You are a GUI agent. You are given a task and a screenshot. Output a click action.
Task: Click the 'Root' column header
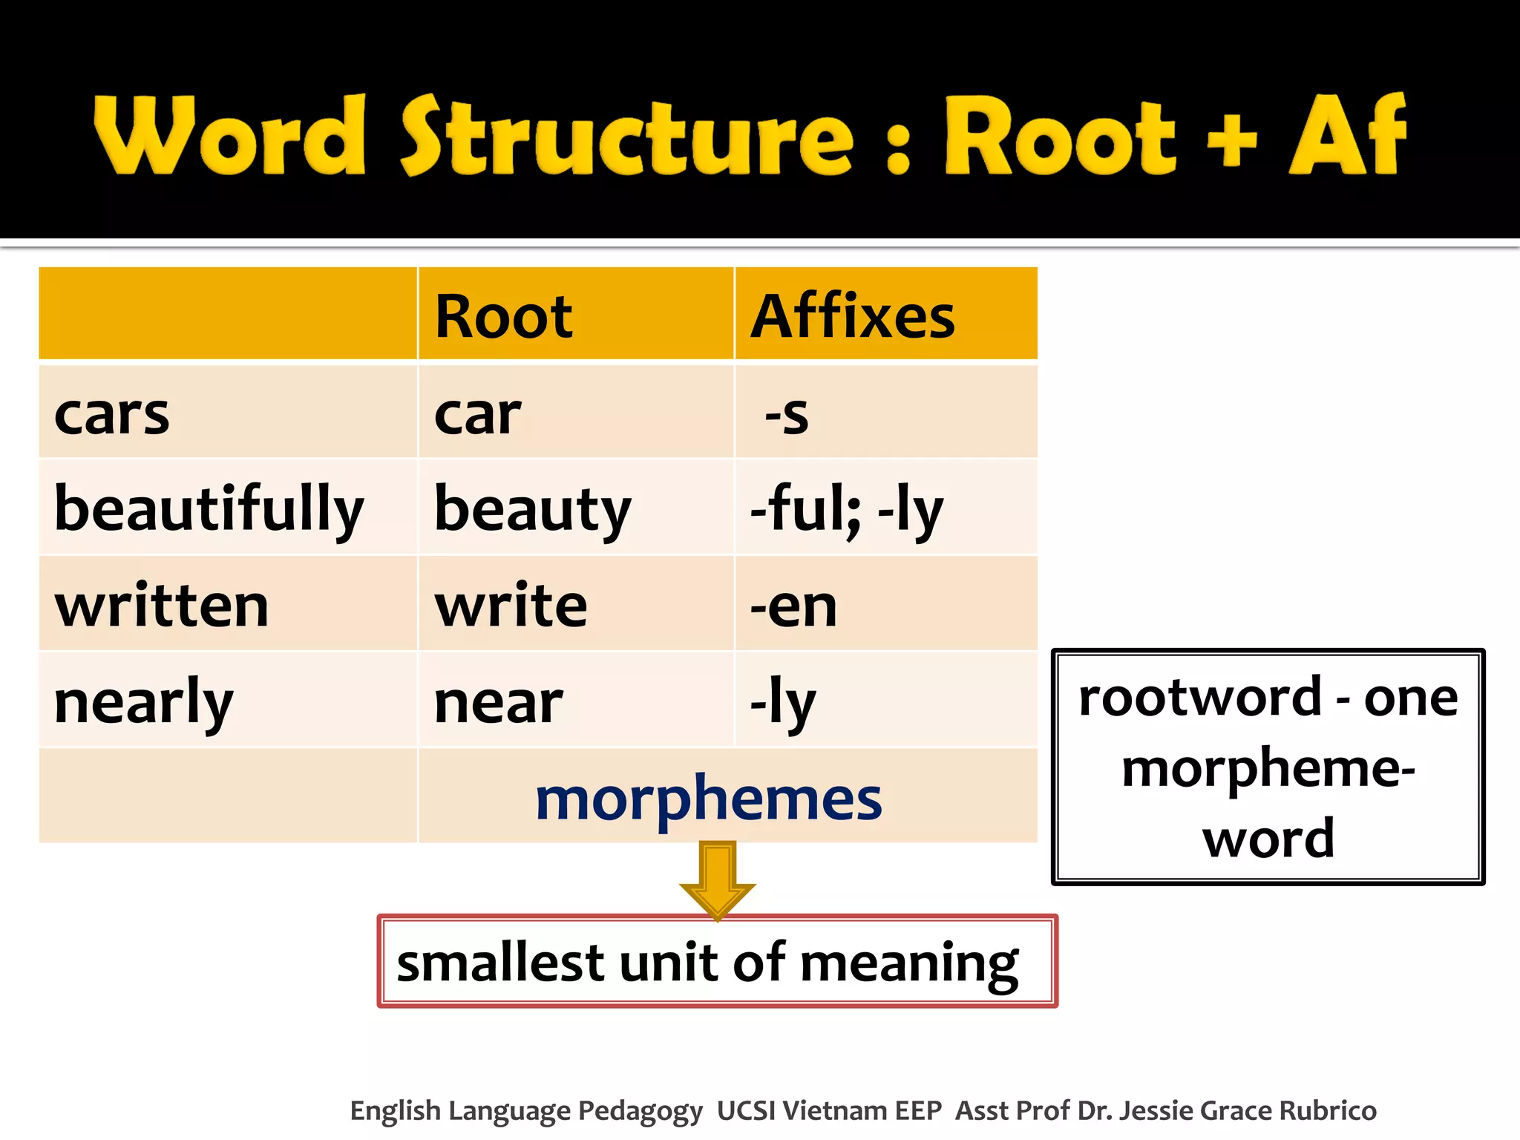(x=503, y=317)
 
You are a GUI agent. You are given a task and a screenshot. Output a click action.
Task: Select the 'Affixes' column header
(x=852, y=317)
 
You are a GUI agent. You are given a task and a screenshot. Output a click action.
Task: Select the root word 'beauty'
(x=532, y=511)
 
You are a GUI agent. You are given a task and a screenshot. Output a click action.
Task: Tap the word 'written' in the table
(x=161, y=606)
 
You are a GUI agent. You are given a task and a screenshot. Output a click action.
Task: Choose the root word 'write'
(x=511, y=606)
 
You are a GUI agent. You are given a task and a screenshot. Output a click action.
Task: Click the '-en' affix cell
(x=793, y=607)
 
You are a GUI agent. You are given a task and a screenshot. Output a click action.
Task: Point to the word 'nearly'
(x=143, y=703)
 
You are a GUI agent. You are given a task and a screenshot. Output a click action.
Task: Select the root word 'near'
(x=498, y=703)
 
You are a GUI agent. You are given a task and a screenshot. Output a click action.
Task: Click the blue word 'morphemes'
(x=708, y=799)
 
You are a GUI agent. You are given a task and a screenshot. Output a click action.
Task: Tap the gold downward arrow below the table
(x=717, y=880)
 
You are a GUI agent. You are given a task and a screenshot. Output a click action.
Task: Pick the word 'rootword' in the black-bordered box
(x=1199, y=698)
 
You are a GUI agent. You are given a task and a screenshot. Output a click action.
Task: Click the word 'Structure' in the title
(x=627, y=137)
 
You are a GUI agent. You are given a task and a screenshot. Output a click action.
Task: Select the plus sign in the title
(x=1231, y=138)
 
